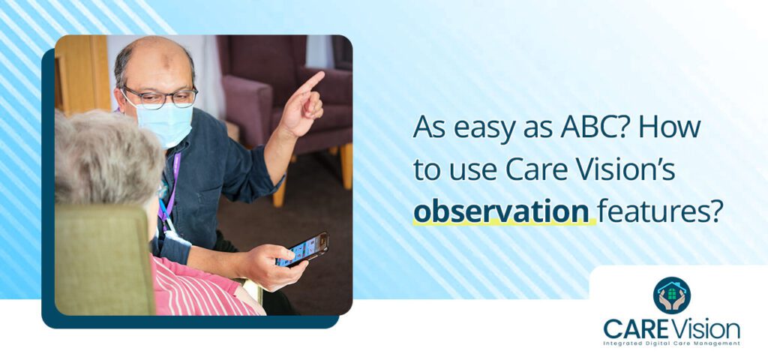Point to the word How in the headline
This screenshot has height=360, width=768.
[673, 127]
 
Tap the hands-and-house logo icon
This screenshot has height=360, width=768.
[671, 295]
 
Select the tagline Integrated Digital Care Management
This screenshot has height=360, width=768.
[671, 343]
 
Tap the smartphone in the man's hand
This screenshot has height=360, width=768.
[302, 248]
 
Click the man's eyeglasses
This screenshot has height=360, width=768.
[160, 96]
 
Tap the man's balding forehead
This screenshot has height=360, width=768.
[154, 60]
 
